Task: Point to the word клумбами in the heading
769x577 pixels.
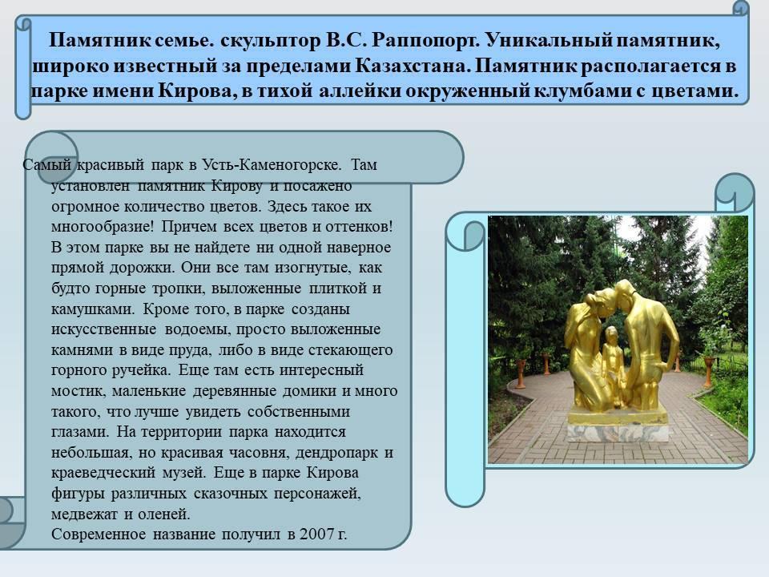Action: [580, 91]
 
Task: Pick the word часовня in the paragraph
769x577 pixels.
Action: [259, 452]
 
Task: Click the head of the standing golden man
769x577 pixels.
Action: [624, 293]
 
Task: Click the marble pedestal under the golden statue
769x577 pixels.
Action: [618, 433]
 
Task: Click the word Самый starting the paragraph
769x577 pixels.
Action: [47, 165]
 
